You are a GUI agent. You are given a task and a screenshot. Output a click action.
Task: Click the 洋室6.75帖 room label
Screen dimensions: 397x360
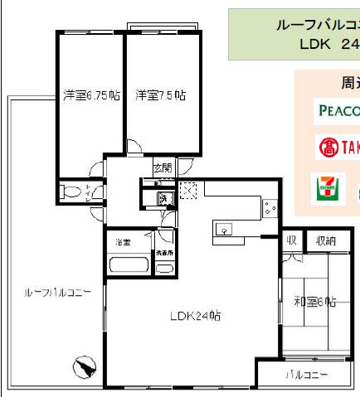(x=90, y=94)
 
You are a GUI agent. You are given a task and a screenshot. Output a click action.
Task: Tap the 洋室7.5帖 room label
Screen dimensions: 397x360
(x=160, y=94)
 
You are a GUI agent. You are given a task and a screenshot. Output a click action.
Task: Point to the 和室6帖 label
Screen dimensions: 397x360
(x=314, y=302)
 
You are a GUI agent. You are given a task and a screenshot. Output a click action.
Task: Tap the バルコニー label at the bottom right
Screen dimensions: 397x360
(x=306, y=375)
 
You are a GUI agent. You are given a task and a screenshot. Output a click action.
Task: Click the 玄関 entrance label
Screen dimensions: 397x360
(x=163, y=168)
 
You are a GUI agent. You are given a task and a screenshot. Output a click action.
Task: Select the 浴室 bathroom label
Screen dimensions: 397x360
(x=124, y=243)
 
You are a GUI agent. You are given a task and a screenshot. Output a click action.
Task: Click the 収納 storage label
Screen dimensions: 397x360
(x=325, y=240)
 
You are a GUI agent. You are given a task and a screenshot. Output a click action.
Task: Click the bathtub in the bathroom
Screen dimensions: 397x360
(x=129, y=267)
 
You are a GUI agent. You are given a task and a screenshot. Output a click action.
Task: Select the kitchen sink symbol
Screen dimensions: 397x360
(x=226, y=230)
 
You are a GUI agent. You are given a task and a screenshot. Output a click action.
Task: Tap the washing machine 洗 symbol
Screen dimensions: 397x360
(x=164, y=199)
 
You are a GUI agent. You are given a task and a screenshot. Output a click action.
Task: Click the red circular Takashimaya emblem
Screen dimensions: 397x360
(x=326, y=148)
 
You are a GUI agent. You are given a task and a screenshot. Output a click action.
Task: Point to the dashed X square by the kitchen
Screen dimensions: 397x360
(x=188, y=191)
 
